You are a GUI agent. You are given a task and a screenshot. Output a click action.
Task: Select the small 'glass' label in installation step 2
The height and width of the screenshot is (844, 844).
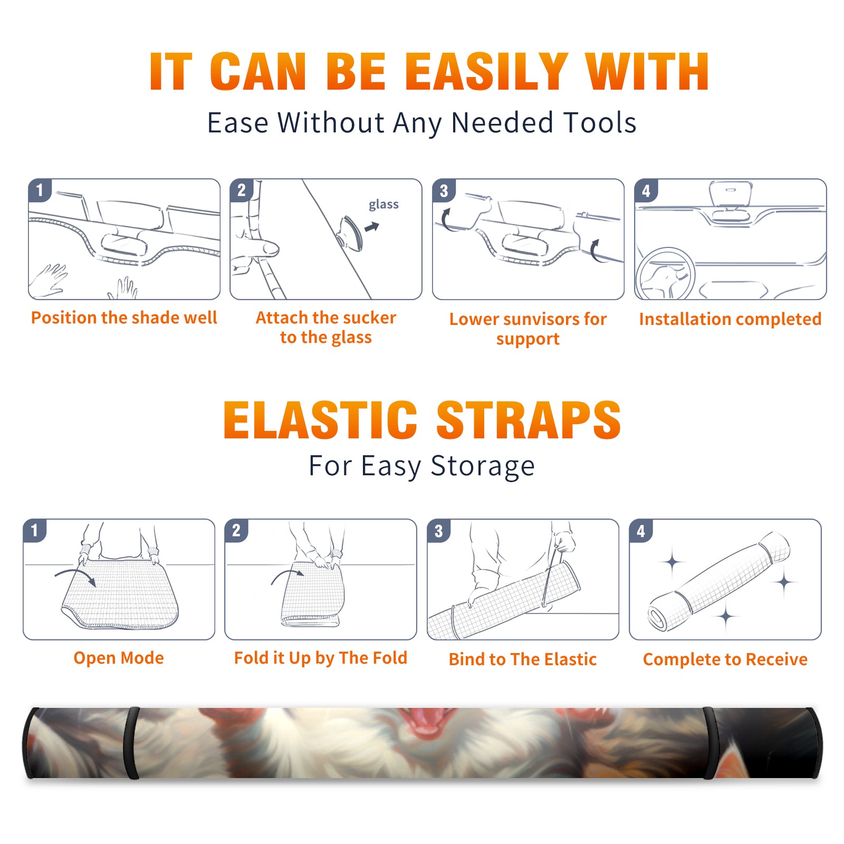point(383,205)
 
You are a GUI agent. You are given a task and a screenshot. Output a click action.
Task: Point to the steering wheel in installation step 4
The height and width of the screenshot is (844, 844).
point(665,274)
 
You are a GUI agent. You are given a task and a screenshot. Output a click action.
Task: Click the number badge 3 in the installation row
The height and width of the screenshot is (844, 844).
point(444,191)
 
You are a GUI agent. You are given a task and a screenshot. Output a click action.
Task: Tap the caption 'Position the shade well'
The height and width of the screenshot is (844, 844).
point(124,318)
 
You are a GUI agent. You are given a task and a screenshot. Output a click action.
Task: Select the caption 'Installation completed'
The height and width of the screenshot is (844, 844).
point(730,319)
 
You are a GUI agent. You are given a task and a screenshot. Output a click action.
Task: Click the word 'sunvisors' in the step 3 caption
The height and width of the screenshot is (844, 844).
point(535,319)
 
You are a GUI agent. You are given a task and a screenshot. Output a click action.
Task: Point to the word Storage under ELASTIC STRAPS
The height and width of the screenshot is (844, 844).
point(483,466)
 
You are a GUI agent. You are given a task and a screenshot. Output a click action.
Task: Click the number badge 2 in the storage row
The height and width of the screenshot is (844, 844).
point(236,530)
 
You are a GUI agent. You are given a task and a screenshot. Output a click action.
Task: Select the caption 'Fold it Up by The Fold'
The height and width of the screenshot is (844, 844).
point(321,658)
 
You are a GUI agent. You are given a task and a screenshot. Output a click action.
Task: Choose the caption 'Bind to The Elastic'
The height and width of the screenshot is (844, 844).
point(523,659)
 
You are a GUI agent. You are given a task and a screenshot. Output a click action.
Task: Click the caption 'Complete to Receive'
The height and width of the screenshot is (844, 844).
point(725,659)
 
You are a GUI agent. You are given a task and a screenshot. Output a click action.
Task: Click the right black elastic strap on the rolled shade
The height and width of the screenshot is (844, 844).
point(710,743)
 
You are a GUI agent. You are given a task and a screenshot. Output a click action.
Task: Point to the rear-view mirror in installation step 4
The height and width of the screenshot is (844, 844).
point(731,195)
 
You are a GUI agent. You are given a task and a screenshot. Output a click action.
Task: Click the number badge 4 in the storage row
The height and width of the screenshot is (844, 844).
point(641,531)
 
